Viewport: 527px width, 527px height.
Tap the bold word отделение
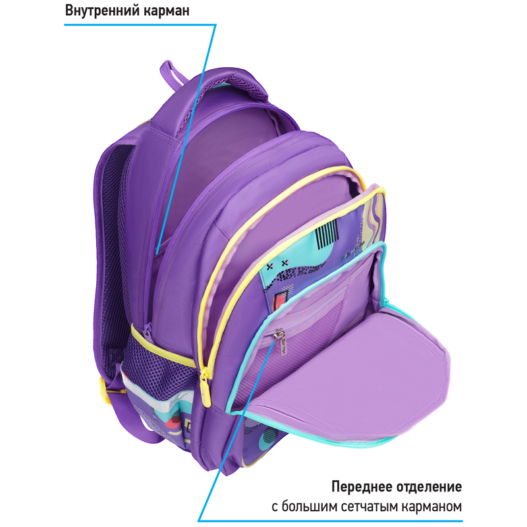[x=430, y=487]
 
